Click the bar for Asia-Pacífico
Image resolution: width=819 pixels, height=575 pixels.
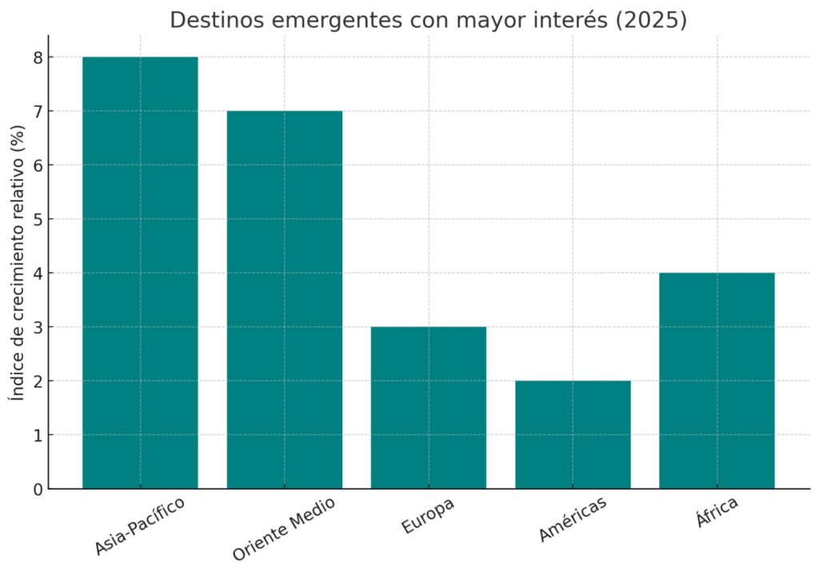pyautogui.click(x=140, y=272)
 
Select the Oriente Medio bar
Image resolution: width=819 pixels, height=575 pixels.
pyautogui.click(x=284, y=299)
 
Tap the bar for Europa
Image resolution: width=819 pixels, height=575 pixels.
pyautogui.click(x=428, y=407)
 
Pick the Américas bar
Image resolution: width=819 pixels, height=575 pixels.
pyautogui.click(x=573, y=434)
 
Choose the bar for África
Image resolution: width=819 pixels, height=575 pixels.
pyautogui.click(x=717, y=380)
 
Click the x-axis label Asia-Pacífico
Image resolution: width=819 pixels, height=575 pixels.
pyautogui.click(x=140, y=525)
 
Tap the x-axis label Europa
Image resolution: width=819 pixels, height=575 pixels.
pyautogui.click(x=427, y=516)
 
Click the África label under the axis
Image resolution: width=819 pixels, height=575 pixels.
pyautogui.click(x=716, y=513)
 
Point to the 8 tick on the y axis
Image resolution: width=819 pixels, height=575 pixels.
pyautogui.click(x=38, y=58)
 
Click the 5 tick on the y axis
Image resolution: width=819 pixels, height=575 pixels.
pyautogui.click(x=38, y=219)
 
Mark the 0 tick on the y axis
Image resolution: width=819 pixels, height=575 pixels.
pyautogui.click(x=38, y=489)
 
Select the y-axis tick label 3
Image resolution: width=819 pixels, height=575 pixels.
pyautogui.click(x=38, y=327)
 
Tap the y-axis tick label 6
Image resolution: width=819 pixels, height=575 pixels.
pyautogui.click(x=38, y=165)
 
